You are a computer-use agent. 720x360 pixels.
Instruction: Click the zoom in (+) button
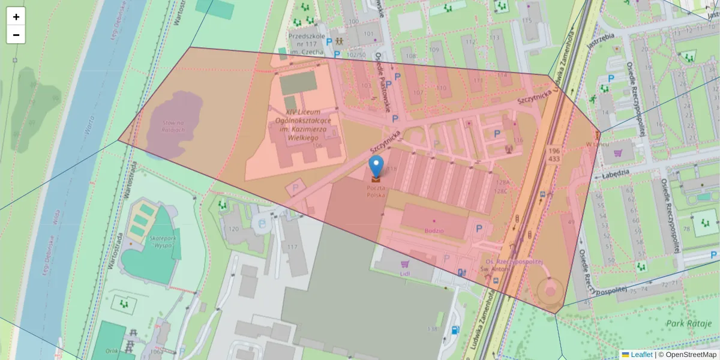tap(16, 17)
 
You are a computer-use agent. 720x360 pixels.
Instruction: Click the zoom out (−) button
tap(16, 35)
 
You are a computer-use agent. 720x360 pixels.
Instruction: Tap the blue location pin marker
tap(376, 166)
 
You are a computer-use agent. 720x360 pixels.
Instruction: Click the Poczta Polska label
tap(376, 191)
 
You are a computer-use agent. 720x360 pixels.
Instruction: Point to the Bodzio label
tap(433, 230)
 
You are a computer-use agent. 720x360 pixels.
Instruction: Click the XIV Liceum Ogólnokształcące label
tap(302, 125)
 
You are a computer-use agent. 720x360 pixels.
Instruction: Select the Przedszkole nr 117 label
tap(307, 43)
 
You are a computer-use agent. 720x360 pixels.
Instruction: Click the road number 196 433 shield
tap(554, 154)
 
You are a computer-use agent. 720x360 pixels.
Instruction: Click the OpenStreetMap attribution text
tap(691, 355)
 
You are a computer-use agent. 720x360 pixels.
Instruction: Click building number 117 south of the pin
tap(293, 247)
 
